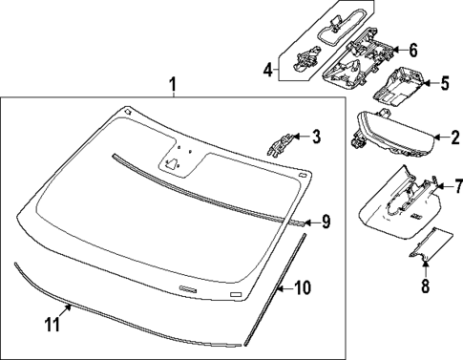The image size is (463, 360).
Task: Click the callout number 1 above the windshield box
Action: click(173, 84)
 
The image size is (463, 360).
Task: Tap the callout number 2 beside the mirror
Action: click(455, 138)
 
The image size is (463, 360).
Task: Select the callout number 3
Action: click(316, 137)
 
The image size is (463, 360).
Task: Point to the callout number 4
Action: click(268, 70)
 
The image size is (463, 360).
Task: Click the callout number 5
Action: click(445, 83)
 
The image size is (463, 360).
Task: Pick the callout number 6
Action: click(412, 51)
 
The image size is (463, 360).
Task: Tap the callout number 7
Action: click(458, 186)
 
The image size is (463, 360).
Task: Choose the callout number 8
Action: click(425, 286)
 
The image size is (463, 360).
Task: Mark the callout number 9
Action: click(326, 222)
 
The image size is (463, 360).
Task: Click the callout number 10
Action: click(302, 287)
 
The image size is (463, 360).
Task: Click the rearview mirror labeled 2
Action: click(392, 134)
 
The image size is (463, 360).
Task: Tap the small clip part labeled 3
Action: click(280, 144)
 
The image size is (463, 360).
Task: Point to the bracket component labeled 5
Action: click(399, 86)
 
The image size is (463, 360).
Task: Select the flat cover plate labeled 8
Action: click(431, 244)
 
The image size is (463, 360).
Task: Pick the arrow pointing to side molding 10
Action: click(284, 288)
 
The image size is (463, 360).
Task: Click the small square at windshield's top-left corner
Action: click(128, 111)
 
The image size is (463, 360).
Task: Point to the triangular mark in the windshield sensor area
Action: click(171, 163)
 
